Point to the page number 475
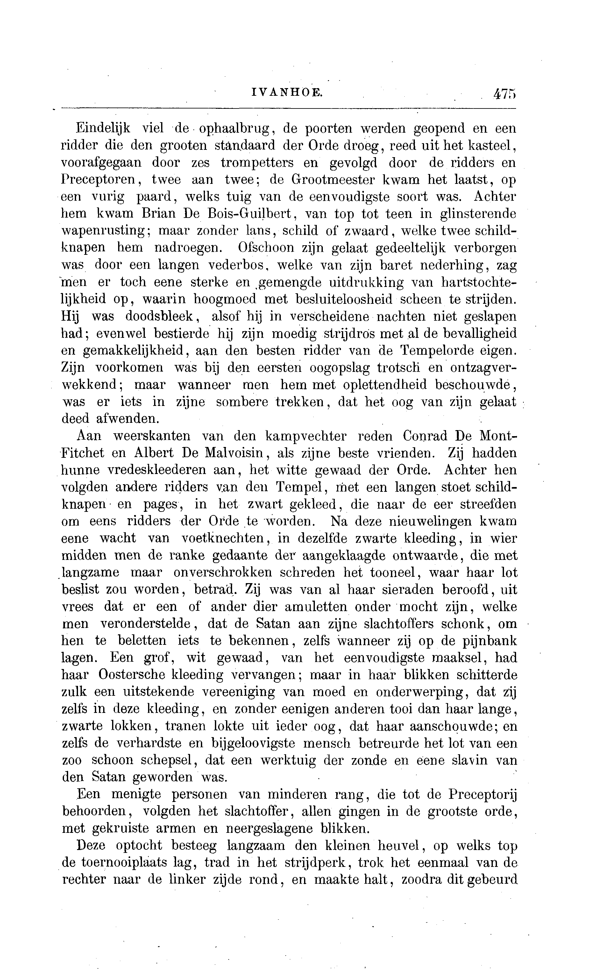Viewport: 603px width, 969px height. pyautogui.click(x=504, y=94)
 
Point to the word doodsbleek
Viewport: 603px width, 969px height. pyautogui.click(x=160, y=316)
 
